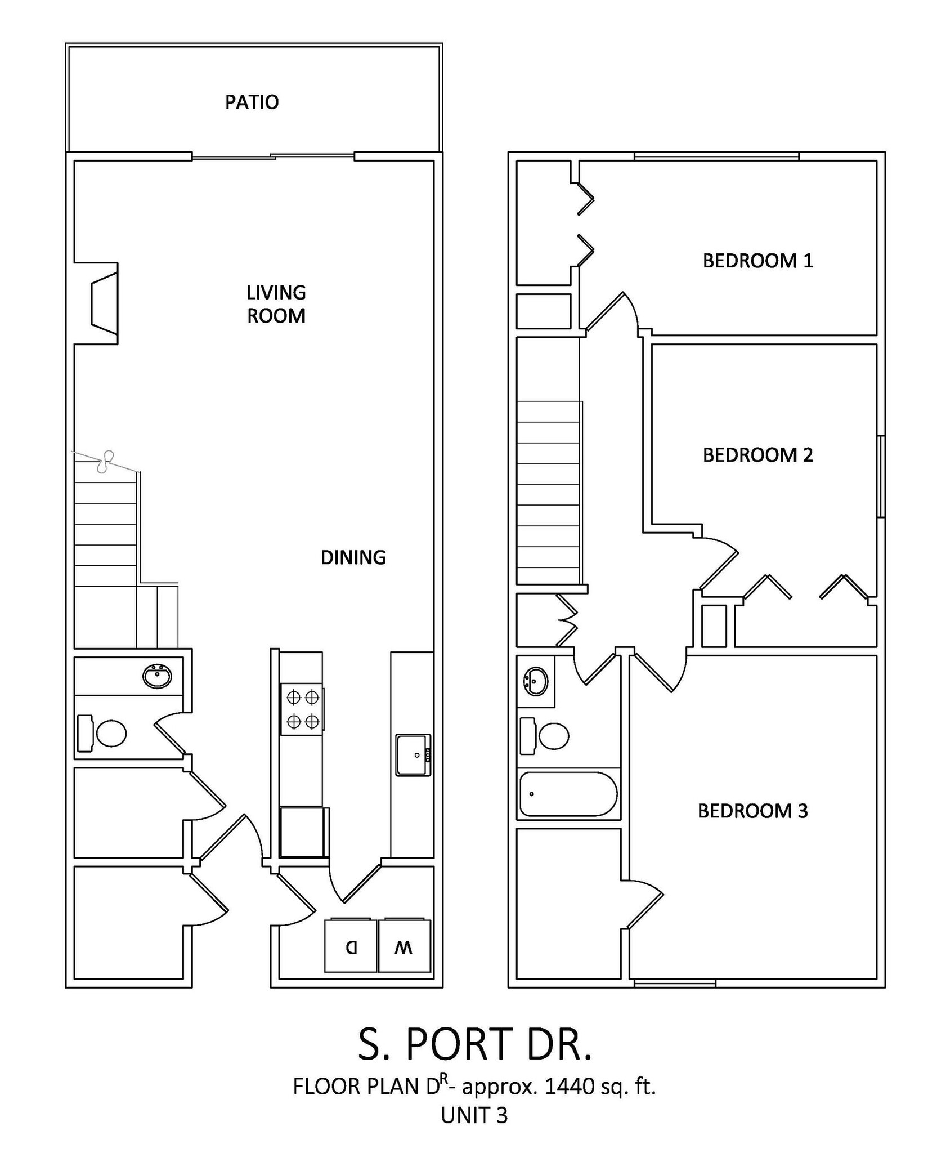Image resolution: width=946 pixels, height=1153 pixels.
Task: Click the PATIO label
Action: [x=252, y=102]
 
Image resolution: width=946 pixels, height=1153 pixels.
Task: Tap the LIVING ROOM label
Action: [x=276, y=304]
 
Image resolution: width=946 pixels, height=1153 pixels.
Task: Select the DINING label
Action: [x=353, y=557]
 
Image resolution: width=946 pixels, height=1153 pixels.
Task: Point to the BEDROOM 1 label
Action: [x=757, y=261]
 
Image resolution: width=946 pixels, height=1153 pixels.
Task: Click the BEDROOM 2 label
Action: [x=757, y=455]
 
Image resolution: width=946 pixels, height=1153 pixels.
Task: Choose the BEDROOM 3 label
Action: [x=752, y=811]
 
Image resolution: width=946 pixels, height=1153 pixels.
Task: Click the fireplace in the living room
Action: [x=105, y=303]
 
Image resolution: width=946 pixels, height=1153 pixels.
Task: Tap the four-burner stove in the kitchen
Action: [x=302, y=709]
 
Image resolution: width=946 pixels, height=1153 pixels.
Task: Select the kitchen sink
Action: [x=413, y=755]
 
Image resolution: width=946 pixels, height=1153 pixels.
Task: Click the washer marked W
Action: [x=404, y=946]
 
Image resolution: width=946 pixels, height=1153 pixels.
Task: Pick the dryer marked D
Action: [x=351, y=946]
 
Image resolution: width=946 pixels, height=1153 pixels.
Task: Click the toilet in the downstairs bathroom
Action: [x=110, y=733]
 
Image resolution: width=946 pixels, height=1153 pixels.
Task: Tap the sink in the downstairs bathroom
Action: [x=157, y=676]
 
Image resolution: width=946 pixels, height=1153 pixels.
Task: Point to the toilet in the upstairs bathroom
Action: [x=553, y=735]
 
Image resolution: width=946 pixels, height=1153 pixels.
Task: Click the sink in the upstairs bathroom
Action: [x=535, y=682]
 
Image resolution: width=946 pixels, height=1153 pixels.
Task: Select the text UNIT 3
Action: [x=474, y=1115]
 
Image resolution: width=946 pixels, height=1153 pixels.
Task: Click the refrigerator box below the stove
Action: [x=303, y=832]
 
